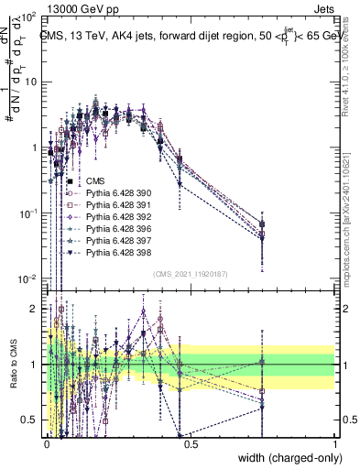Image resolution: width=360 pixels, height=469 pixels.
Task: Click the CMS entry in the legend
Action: tap(97, 181)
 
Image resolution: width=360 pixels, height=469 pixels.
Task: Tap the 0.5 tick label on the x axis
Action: tap(191, 442)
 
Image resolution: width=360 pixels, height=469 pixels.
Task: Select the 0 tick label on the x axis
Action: tap(47, 442)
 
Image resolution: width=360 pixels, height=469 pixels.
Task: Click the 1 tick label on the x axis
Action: tap(334, 442)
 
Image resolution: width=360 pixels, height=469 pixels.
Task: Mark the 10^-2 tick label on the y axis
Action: tap(29, 278)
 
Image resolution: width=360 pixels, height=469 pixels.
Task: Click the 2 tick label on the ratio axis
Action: tap(36, 309)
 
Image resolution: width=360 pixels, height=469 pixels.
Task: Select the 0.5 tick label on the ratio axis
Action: tap(31, 420)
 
